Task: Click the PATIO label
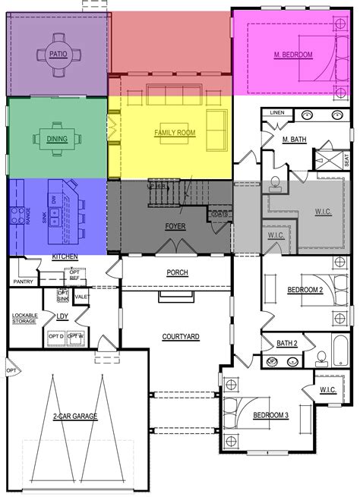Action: [x=56, y=54]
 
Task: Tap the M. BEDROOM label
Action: [x=295, y=55]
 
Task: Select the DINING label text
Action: [x=58, y=140]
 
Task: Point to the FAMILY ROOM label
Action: [x=175, y=133]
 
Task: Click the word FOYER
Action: [x=175, y=225]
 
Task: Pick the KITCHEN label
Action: [x=65, y=257]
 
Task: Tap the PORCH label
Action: [x=178, y=273]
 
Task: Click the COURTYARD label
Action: [x=181, y=335]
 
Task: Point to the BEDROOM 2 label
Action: [x=305, y=291]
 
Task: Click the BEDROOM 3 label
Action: [x=271, y=415]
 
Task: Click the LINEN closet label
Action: [x=276, y=114]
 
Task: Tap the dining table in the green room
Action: [x=57, y=139]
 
